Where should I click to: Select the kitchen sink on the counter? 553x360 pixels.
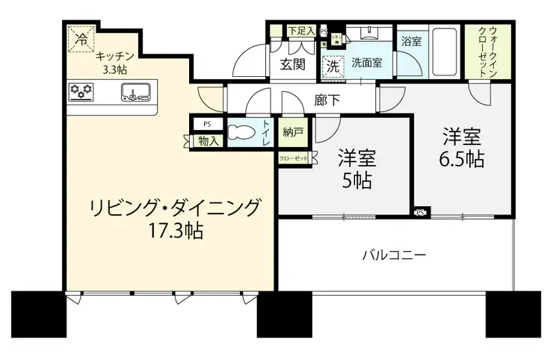click(x=136, y=93)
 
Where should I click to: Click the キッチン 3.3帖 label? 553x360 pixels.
click(x=114, y=62)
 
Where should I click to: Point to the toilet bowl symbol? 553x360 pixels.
click(x=242, y=134)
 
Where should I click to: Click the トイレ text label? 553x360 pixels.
click(x=265, y=133)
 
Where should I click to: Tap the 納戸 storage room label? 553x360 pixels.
click(x=293, y=132)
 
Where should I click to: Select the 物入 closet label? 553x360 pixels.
click(x=207, y=140)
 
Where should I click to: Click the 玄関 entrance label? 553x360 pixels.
click(x=292, y=64)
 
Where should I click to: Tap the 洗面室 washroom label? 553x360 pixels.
click(x=368, y=63)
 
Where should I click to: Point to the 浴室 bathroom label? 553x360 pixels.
click(x=411, y=41)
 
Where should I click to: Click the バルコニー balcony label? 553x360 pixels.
click(x=394, y=255)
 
